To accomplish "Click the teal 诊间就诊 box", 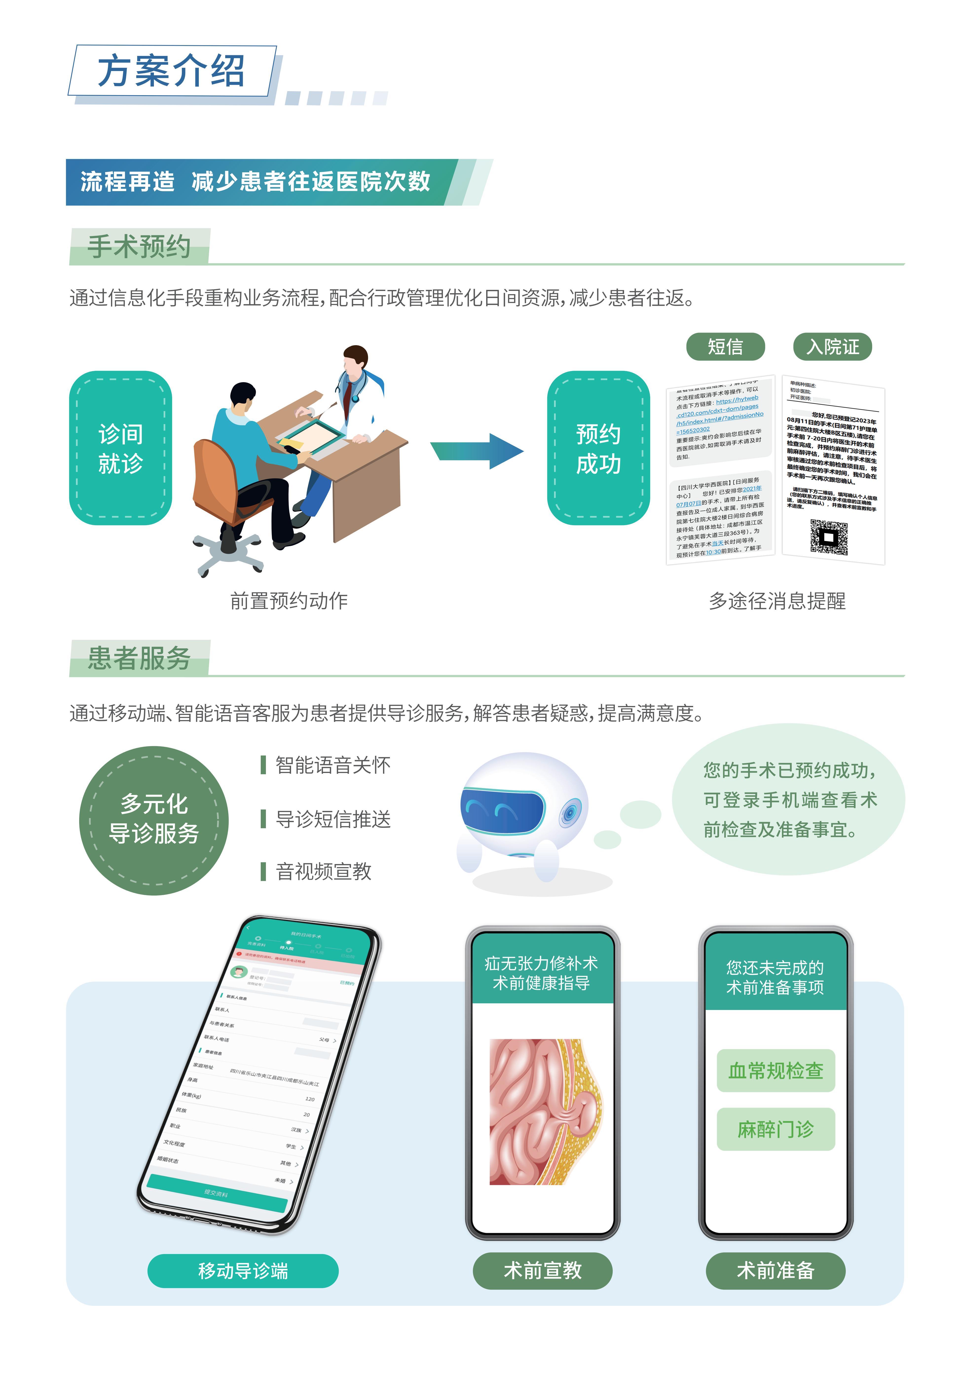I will [x=121, y=448].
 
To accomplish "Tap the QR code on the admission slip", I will [x=829, y=536].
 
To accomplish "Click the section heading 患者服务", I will [x=139, y=658].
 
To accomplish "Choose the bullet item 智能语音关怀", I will [x=332, y=766].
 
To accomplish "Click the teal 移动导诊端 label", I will [x=243, y=1271].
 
